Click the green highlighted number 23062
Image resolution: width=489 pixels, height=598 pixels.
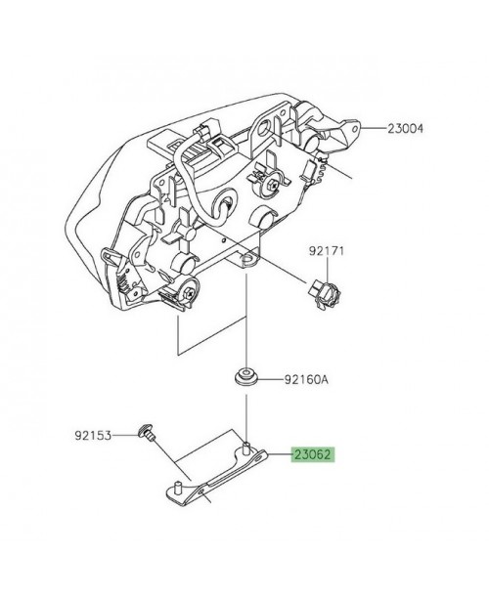pos(312,455)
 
